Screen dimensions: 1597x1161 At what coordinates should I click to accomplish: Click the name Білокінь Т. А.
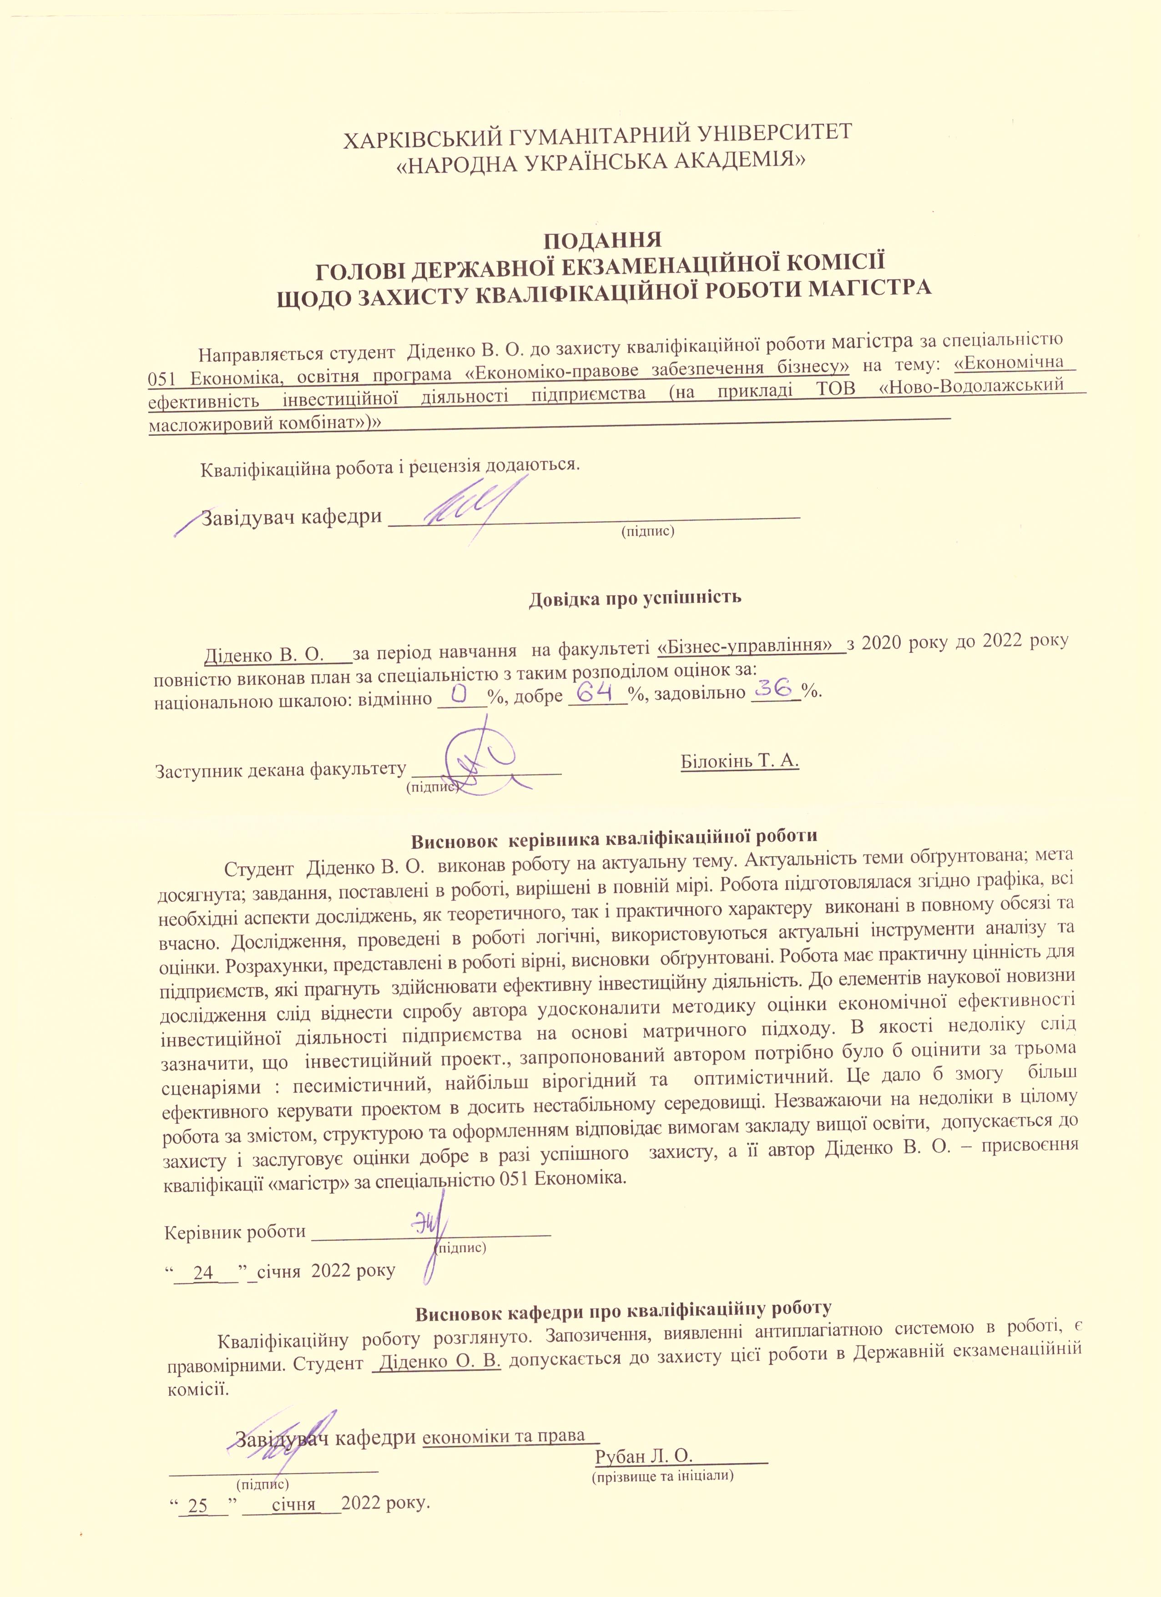click(x=740, y=762)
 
